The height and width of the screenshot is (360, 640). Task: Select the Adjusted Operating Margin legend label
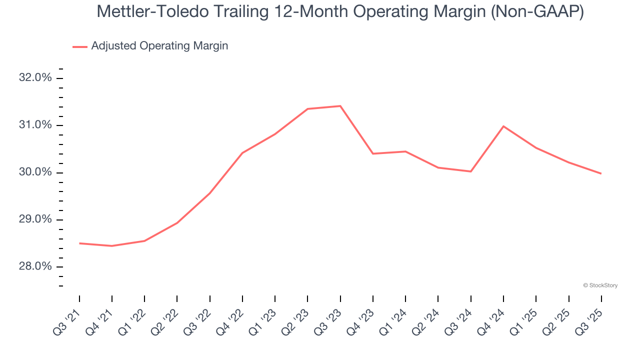pyautogui.click(x=159, y=46)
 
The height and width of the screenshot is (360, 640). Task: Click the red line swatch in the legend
pyautogui.click(x=80, y=46)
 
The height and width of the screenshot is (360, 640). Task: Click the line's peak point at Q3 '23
pyautogui.click(x=340, y=106)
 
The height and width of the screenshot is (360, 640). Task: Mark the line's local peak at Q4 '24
pyautogui.click(x=503, y=126)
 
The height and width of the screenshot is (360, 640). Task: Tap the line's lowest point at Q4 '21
pyautogui.click(x=112, y=246)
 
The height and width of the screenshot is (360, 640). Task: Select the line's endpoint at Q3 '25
pyautogui.click(x=601, y=173)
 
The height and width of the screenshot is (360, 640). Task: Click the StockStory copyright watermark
pyautogui.click(x=600, y=285)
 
